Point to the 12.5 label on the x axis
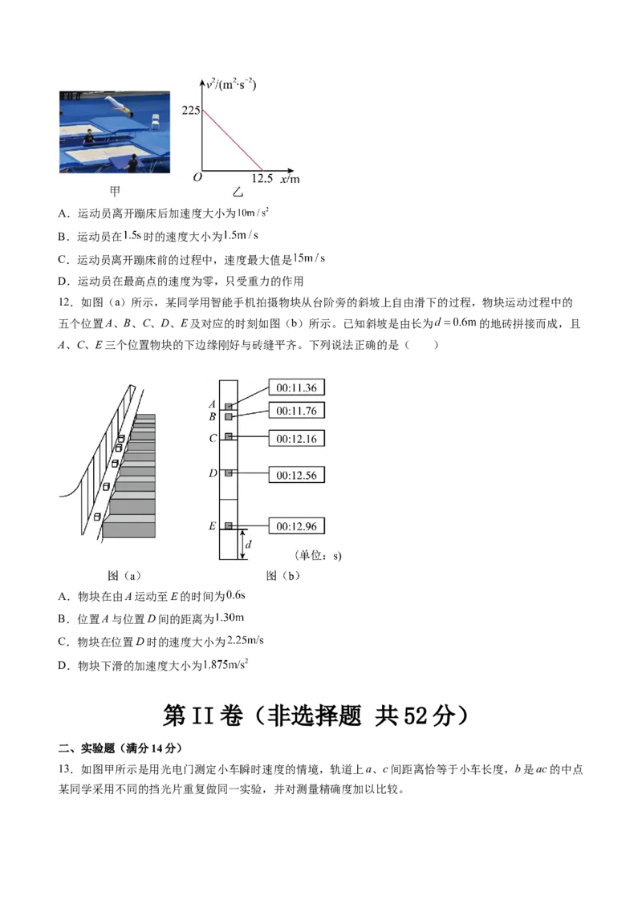(x=263, y=179)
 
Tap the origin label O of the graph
(x=197, y=177)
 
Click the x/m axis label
(x=290, y=179)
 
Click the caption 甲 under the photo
(x=115, y=192)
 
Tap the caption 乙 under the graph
(x=238, y=193)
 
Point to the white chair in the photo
(x=156, y=121)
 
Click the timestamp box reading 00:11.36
(x=296, y=388)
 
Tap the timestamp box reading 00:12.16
(x=296, y=440)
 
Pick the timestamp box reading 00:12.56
(x=296, y=475)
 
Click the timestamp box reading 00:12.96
(x=296, y=526)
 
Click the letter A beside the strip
(x=213, y=404)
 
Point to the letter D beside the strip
(x=213, y=473)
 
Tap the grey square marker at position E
(x=229, y=525)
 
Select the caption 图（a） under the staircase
(x=124, y=575)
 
